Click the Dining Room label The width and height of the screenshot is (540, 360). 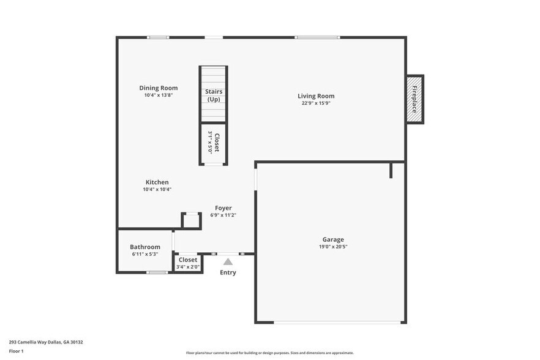158,88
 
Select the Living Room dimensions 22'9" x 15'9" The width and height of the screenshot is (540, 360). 316,103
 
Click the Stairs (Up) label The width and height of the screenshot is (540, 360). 214,96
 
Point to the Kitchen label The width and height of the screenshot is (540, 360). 157,182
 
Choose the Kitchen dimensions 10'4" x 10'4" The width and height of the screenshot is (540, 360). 157,190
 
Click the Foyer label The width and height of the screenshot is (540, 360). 223,208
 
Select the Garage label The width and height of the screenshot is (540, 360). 333,239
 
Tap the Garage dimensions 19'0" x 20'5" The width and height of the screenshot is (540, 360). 333,247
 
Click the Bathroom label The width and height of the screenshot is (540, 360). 145,247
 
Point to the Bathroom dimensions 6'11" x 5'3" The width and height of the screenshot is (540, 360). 145,254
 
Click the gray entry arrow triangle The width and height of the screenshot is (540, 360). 228,262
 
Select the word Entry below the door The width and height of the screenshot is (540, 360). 228,272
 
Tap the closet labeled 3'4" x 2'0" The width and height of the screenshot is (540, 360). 188,263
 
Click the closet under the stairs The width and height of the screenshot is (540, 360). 214,143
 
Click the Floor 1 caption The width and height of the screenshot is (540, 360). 17,351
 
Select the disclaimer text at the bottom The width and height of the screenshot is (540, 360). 269,353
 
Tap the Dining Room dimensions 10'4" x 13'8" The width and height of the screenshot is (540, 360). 158,96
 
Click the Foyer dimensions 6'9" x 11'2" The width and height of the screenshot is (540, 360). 223,216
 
